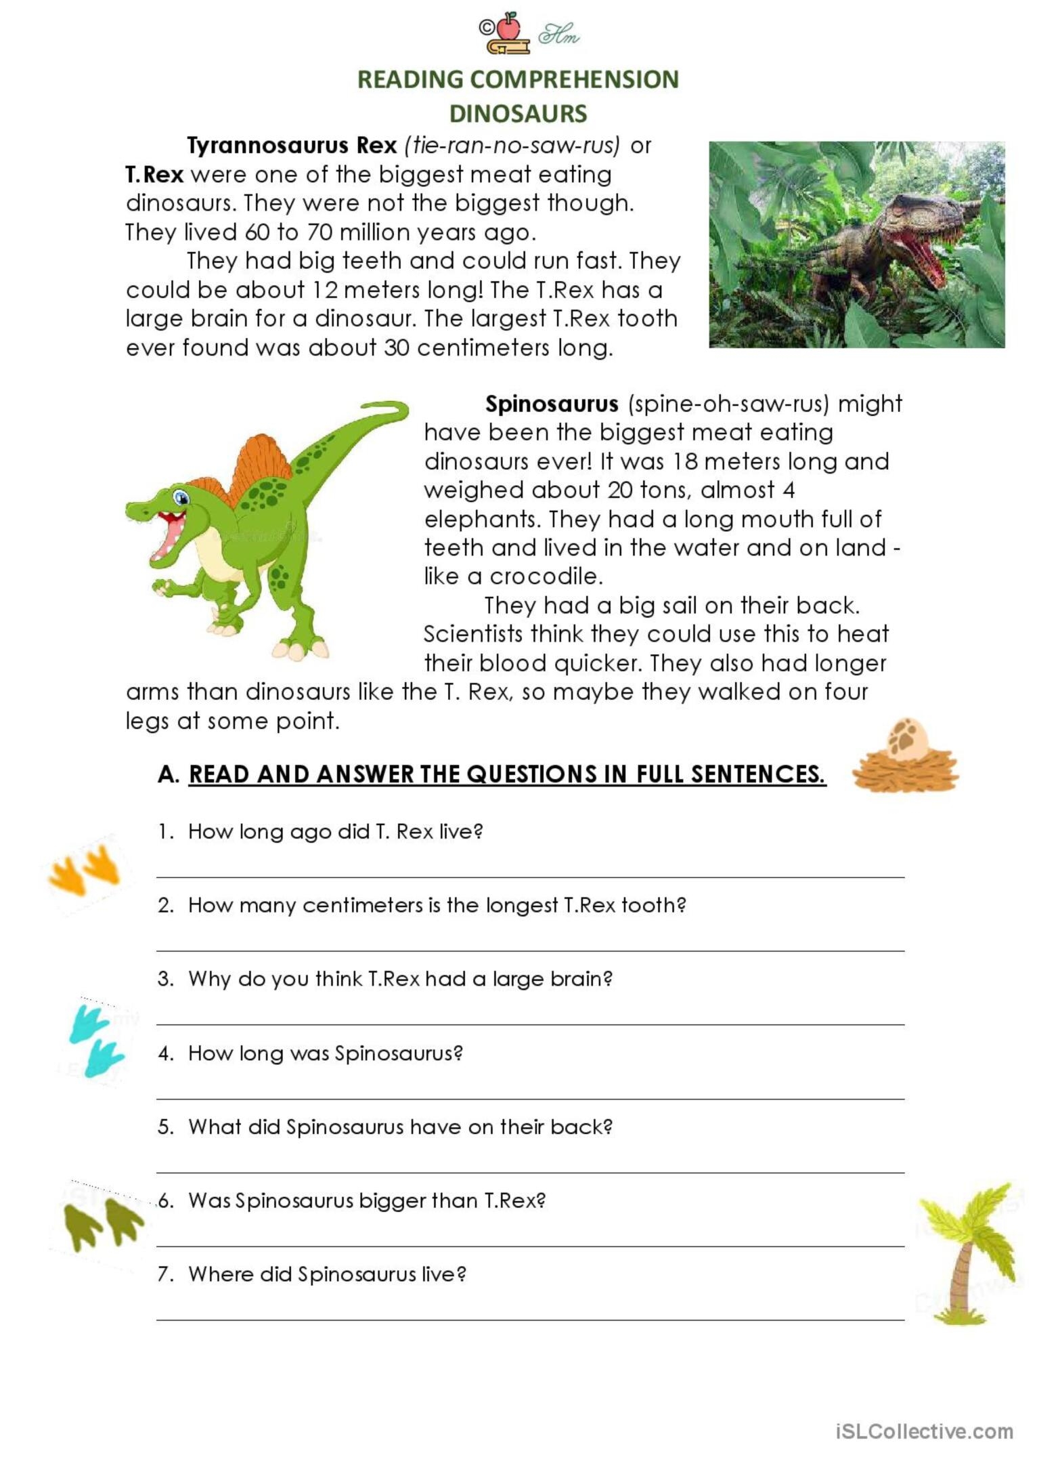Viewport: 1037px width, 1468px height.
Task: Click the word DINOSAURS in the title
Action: (x=518, y=113)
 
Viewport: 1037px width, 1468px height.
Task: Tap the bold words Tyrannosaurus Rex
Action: (x=292, y=145)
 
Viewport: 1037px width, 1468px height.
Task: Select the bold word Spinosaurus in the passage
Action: (x=552, y=404)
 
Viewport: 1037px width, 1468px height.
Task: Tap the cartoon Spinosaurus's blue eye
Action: (x=181, y=498)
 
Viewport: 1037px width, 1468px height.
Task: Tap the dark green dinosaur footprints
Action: (x=104, y=1223)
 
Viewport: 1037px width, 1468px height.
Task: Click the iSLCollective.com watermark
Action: (x=924, y=1431)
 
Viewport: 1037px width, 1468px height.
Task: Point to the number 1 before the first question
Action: (x=164, y=831)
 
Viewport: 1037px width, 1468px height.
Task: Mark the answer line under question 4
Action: (x=530, y=1097)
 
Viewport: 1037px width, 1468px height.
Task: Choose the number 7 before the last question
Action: (x=164, y=1274)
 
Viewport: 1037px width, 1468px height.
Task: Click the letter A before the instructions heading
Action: (x=166, y=774)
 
